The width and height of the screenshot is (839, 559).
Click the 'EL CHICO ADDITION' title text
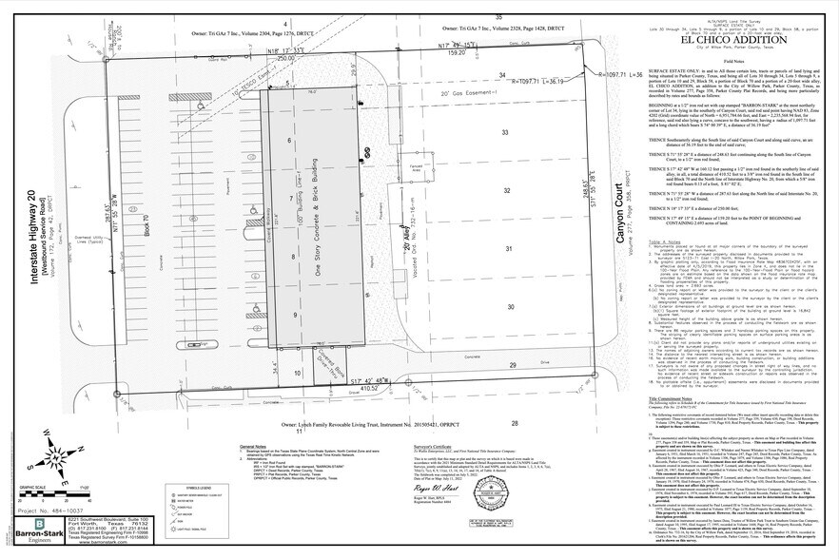(x=728, y=40)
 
